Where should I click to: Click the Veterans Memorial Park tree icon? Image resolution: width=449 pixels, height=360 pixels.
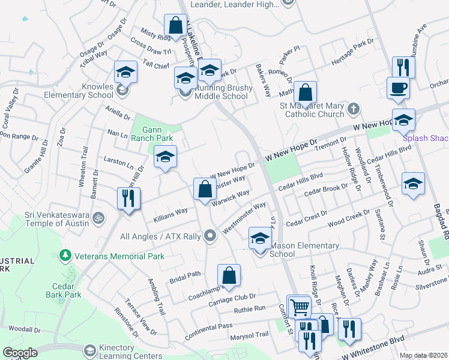click(65, 256)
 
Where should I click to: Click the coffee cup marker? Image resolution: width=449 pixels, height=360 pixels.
click(398, 88)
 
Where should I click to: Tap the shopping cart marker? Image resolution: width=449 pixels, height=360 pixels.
click(298, 307)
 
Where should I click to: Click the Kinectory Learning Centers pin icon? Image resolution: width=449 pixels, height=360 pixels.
click(89, 350)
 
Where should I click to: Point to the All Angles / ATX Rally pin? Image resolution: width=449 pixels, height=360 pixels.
click(209, 236)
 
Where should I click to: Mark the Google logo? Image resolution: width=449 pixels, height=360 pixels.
click(20, 353)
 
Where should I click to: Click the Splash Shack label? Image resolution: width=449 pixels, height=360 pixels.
click(426, 138)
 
